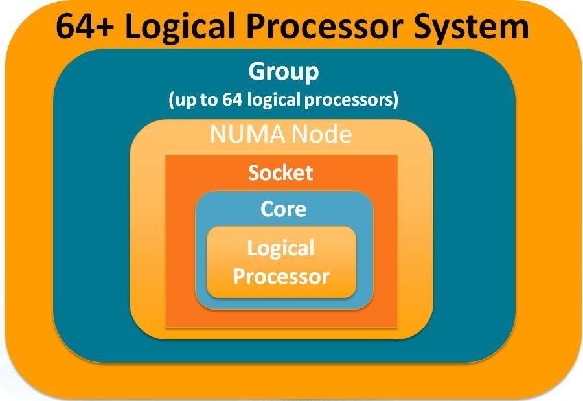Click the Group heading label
[x=284, y=72]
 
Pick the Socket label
[x=281, y=173]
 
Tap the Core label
[x=283, y=209]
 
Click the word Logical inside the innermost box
[x=281, y=248]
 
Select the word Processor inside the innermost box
[x=281, y=277]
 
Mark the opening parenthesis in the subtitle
[x=172, y=100]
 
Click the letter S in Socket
[x=255, y=173]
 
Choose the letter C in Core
[x=266, y=209]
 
